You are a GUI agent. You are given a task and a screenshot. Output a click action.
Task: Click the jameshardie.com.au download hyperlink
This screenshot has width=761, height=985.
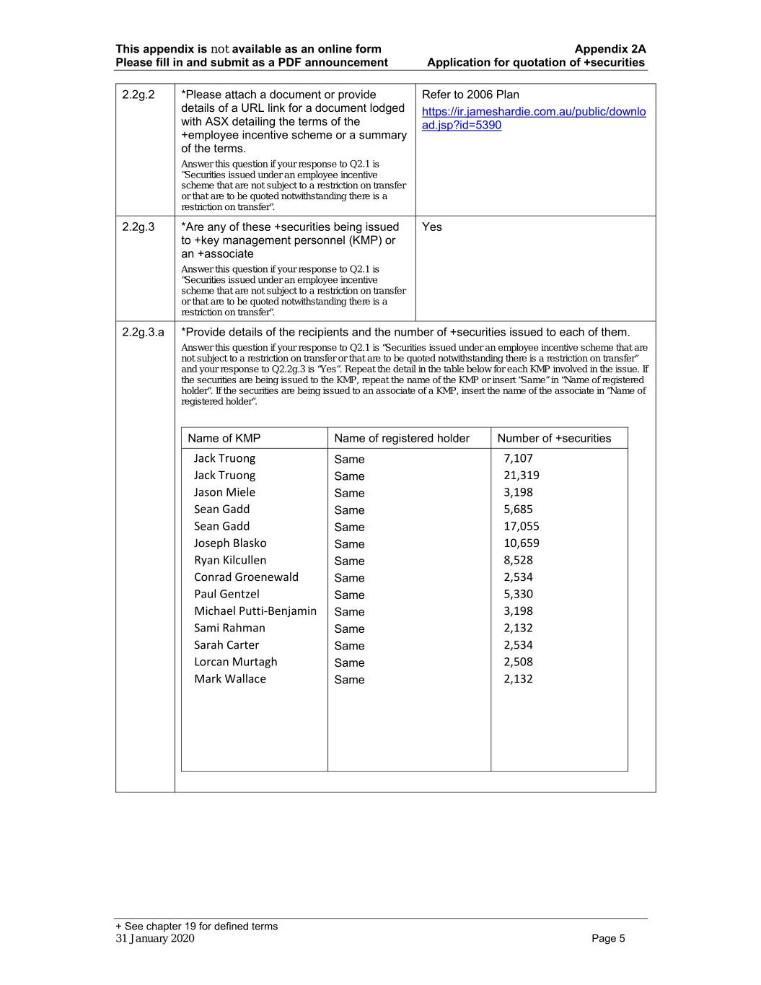[x=533, y=118]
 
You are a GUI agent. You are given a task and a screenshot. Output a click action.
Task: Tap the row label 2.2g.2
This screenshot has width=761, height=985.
[x=138, y=95]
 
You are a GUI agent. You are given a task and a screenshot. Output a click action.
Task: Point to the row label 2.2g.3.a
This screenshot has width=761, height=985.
[x=143, y=332]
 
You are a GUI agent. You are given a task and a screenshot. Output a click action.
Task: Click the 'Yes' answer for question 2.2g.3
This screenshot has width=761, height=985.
[x=431, y=227]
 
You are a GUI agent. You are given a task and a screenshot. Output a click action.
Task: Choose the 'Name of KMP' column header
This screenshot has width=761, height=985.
[x=224, y=438]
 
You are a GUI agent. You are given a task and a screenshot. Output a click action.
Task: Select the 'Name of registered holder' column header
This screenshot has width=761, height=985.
[x=402, y=438]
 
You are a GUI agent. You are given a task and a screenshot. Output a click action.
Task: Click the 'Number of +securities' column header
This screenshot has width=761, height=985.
[x=553, y=438]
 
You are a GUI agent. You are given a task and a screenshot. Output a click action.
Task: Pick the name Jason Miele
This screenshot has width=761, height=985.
[x=224, y=492]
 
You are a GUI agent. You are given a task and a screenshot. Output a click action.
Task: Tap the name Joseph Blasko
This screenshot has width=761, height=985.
[x=229, y=543]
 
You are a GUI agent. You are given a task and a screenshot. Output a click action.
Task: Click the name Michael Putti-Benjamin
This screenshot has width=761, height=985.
[x=255, y=611]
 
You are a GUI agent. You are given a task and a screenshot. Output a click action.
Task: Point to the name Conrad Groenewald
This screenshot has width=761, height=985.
[x=246, y=577]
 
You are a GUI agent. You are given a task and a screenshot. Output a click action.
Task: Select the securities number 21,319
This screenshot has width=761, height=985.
[x=521, y=476]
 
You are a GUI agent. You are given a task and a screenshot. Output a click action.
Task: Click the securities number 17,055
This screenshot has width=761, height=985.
[x=521, y=527]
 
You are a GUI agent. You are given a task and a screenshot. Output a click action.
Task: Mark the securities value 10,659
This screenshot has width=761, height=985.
[x=521, y=543]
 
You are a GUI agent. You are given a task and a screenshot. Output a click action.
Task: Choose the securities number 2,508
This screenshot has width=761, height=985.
[x=518, y=662]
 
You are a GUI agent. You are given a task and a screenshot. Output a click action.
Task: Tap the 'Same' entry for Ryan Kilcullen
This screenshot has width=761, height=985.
[x=349, y=561]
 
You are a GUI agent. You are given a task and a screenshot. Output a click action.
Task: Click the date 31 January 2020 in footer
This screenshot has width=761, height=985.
[x=154, y=938]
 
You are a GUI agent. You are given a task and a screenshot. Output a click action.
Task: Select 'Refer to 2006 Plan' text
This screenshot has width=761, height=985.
[x=470, y=95]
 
